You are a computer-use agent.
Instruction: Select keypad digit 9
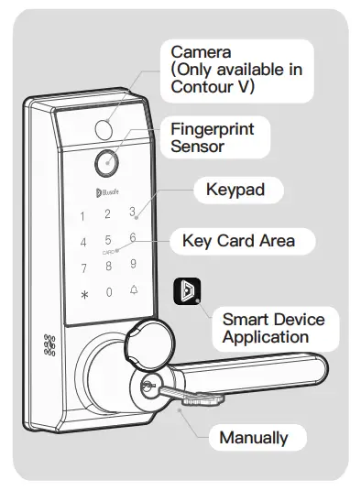[x=134, y=266]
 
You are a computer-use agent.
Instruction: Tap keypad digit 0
[x=109, y=293]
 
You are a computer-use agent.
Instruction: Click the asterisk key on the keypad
[x=84, y=296]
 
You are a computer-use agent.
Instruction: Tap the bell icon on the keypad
[x=135, y=292]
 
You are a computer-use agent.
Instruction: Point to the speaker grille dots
[x=49, y=344]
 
